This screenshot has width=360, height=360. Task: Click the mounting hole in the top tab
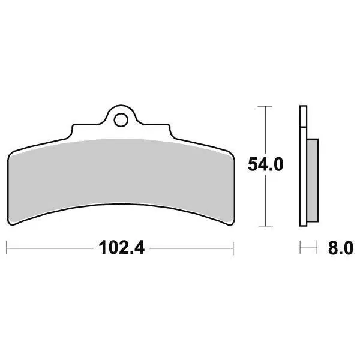[121, 120]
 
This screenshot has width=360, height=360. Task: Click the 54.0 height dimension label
[266, 164]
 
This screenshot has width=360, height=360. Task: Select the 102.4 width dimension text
[121, 248]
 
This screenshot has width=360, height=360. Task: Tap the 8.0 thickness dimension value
[341, 248]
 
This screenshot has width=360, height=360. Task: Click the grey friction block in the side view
[313, 180]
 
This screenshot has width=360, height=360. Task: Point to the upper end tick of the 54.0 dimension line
[265, 106]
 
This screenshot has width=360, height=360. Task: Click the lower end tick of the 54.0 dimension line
[265, 226]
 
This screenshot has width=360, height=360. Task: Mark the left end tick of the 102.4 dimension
[7, 248]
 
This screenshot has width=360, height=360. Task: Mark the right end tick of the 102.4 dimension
[233, 248]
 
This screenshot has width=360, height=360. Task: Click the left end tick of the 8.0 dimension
[300, 247]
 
